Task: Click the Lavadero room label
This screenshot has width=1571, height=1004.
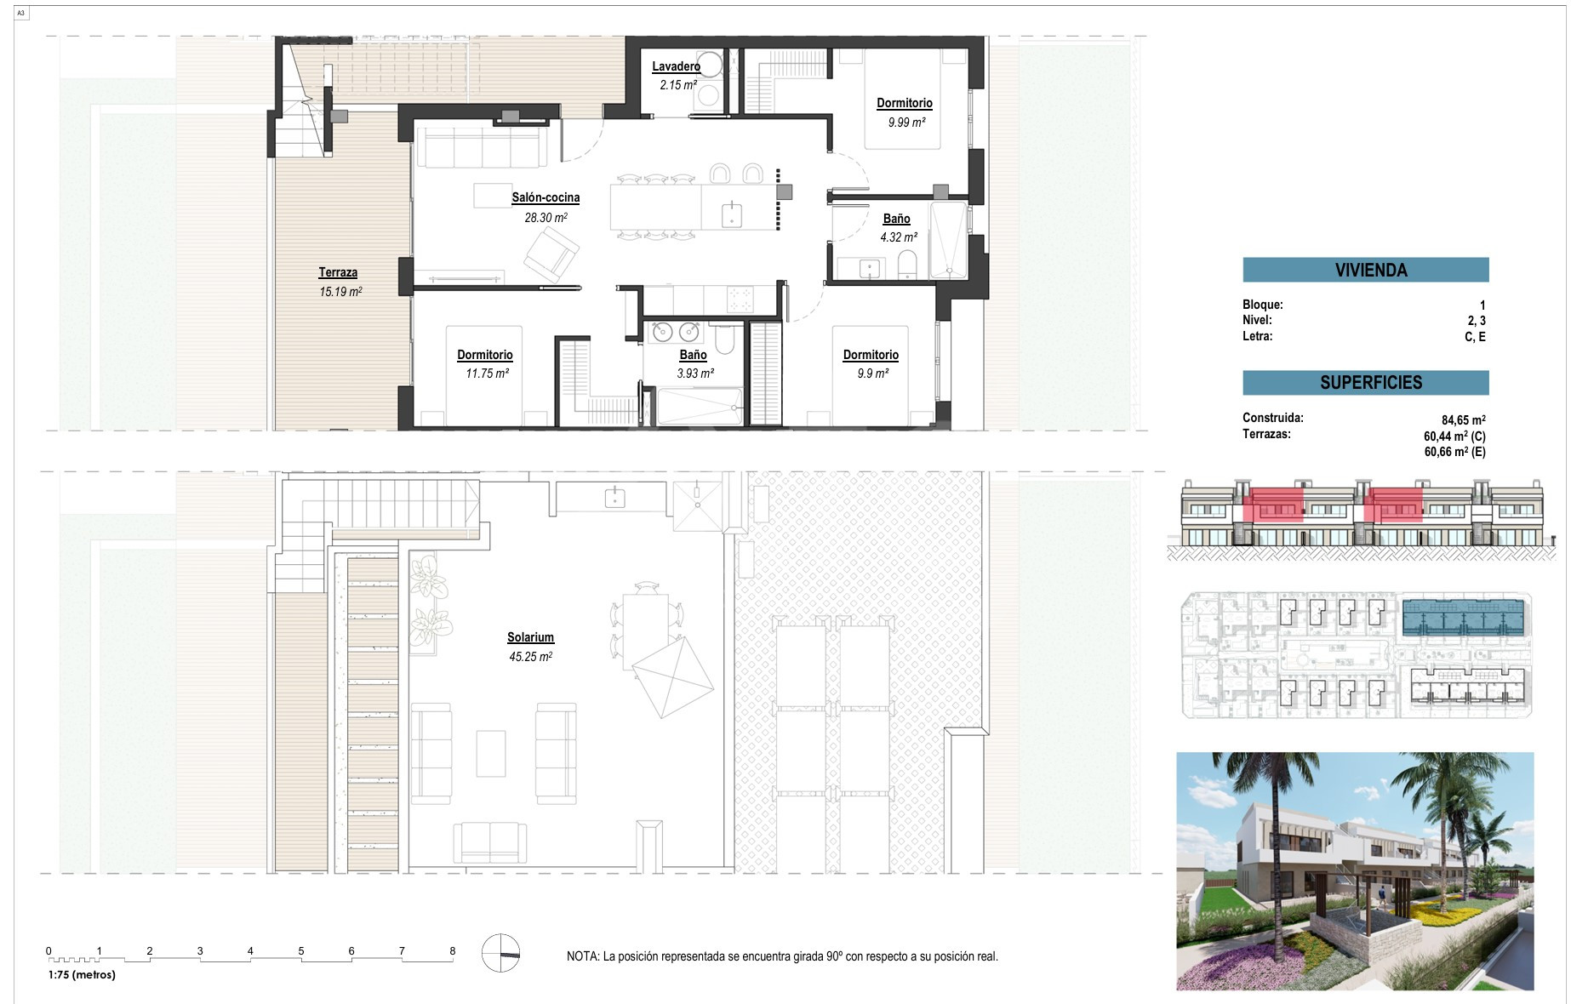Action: point(676,66)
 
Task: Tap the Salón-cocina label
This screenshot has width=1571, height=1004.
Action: point(546,197)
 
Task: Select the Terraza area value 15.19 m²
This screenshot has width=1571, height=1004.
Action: point(340,292)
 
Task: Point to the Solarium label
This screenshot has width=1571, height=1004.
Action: point(530,637)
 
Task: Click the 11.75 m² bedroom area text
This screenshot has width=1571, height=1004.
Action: point(487,374)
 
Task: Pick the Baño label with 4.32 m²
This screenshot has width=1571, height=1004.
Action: point(896,219)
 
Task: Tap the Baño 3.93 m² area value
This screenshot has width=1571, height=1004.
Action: point(695,374)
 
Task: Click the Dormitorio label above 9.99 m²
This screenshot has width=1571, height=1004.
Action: point(905,103)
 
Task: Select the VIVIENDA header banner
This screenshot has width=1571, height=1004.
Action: point(1366,270)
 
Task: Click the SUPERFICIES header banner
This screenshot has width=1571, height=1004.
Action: point(1366,383)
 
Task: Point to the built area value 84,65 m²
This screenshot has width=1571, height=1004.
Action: point(1464,420)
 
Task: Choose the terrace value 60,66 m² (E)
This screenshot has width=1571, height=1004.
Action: point(1455,452)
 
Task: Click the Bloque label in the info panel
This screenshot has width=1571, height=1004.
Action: point(1263,305)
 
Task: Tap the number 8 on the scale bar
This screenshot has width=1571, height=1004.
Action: point(453,951)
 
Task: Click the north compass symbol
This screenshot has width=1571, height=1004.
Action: point(500,953)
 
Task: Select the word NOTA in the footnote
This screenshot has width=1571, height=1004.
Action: point(582,956)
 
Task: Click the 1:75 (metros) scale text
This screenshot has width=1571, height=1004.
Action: point(82,975)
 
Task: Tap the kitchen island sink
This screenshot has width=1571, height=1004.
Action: point(732,214)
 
